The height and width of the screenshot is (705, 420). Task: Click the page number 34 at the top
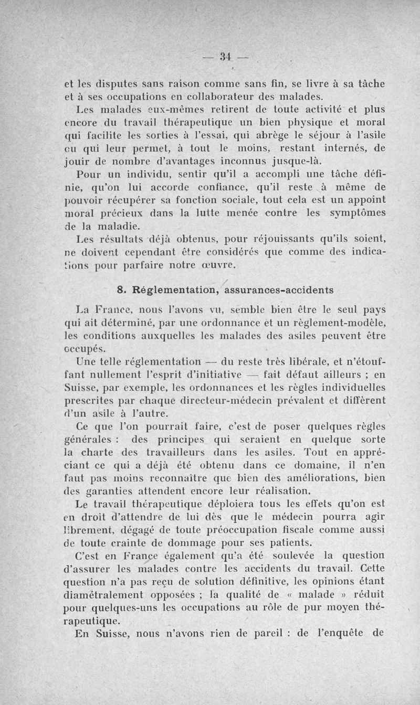[226, 56]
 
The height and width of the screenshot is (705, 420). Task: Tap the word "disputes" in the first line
[107, 82]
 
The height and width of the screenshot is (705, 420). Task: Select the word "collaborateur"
[214, 96]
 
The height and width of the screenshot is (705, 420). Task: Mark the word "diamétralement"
[103, 595]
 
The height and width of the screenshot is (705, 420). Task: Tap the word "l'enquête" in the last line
[342, 634]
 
